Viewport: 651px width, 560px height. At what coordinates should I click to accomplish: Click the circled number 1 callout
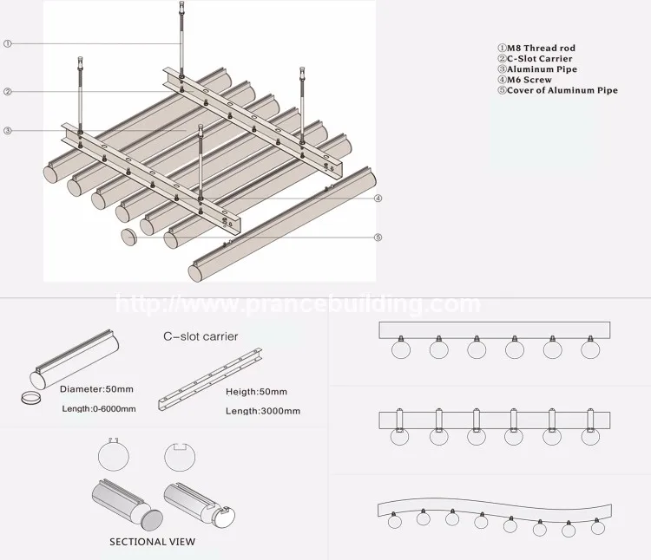click(x=7, y=42)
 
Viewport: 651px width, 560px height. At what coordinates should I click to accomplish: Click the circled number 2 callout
click(x=7, y=92)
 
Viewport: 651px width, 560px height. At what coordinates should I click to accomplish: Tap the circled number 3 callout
click(x=7, y=131)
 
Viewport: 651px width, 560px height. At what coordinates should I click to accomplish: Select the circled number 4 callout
click(x=378, y=198)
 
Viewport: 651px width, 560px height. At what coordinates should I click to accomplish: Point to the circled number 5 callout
click(x=378, y=238)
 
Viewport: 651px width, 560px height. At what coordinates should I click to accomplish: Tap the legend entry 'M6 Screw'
click(x=526, y=80)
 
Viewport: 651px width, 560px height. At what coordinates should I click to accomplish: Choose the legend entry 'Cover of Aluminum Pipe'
click(x=556, y=90)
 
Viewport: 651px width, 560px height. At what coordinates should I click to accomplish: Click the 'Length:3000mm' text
click(x=262, y=410)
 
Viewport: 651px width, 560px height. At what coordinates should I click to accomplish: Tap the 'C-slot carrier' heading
click(x=200, y=335)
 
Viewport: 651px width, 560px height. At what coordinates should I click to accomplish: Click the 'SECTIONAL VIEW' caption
click(x=152, y=542)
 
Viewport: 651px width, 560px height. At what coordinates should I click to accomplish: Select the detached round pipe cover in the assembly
click(x=128, y=237)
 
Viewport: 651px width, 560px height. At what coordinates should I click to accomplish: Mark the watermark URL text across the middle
click(x=298, y=304)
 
